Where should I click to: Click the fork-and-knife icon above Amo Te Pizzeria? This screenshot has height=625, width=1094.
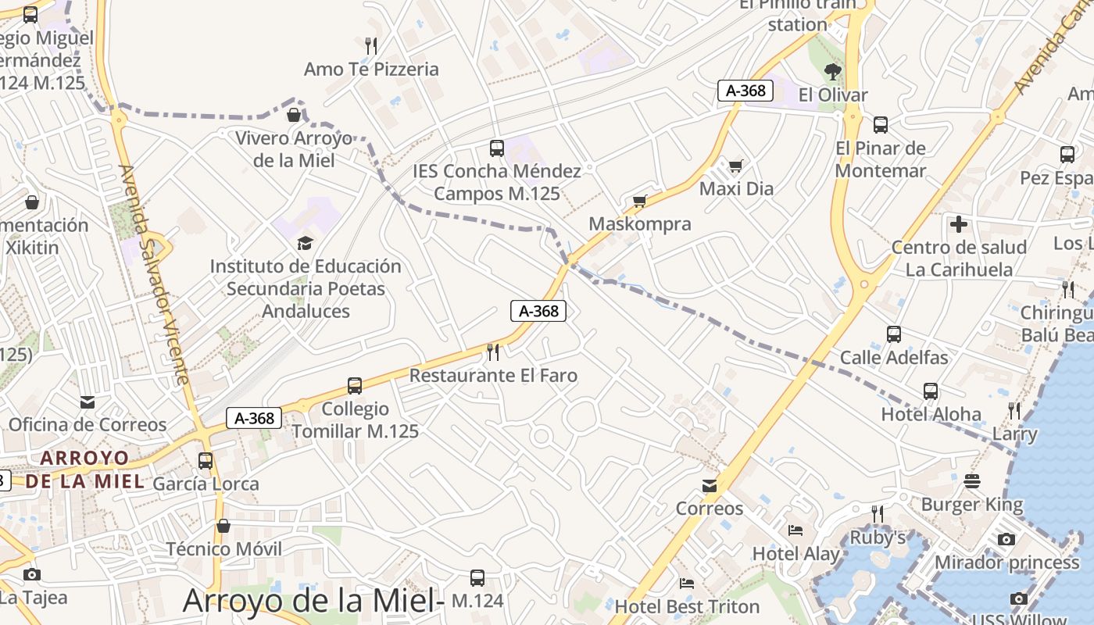371,45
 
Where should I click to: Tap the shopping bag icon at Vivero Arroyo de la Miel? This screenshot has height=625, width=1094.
294,116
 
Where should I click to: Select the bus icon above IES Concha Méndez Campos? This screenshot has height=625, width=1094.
496,148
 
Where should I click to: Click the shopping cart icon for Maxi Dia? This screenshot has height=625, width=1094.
735,166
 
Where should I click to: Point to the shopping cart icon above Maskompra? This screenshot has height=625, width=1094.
640,202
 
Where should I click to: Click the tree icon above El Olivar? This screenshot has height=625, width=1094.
833,73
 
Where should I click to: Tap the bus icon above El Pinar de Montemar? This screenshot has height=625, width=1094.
881,125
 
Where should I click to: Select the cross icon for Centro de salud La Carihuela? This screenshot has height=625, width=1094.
959,225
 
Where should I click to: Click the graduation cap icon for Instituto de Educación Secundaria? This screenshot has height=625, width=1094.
305,243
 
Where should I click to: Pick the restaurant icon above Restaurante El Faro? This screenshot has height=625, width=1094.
493,352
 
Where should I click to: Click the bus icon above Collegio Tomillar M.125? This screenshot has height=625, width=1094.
355,386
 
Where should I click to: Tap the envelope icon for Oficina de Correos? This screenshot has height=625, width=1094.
88,402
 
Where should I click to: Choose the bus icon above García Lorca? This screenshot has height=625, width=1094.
206,461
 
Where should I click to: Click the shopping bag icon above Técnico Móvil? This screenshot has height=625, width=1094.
223,526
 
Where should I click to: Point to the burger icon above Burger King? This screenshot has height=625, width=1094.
972,481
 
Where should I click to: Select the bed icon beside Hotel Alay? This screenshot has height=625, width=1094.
795,531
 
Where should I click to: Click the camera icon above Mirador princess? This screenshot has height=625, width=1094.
1006,539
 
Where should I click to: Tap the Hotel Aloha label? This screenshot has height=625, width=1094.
931,414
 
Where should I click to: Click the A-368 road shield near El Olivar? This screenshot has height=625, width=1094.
745,91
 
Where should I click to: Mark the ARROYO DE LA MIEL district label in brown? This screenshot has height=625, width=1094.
84,469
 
